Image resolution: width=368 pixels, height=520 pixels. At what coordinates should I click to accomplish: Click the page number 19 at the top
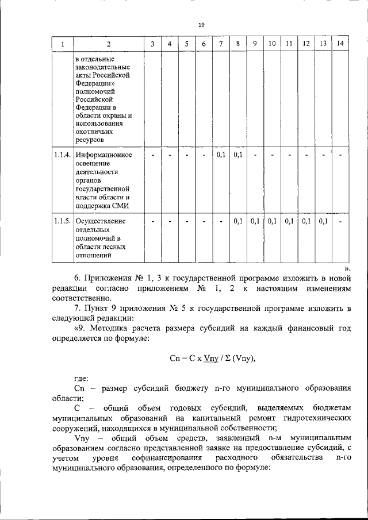pyautogui.click(x=201, y=25)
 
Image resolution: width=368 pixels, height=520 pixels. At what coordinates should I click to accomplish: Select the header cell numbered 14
pyautogui.click(x=341, y=44)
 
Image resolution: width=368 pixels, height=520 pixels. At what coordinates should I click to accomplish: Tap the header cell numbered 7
pyautogui.click(x=221, y=44)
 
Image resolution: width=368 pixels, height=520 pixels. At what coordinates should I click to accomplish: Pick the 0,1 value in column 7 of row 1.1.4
pyautogui.click(x=221, y=155)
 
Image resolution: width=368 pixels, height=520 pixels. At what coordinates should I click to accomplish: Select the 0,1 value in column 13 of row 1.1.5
pyautogui.click(x=323, y=221)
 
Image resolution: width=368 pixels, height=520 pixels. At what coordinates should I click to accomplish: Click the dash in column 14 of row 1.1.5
pyautogui.click(x=341, y=221)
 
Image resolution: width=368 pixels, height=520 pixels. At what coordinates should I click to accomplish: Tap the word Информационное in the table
pyautogui.click(x=104, y=155)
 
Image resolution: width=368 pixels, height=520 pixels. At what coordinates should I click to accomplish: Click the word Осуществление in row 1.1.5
pyautogui.click(x=102, y=221)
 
